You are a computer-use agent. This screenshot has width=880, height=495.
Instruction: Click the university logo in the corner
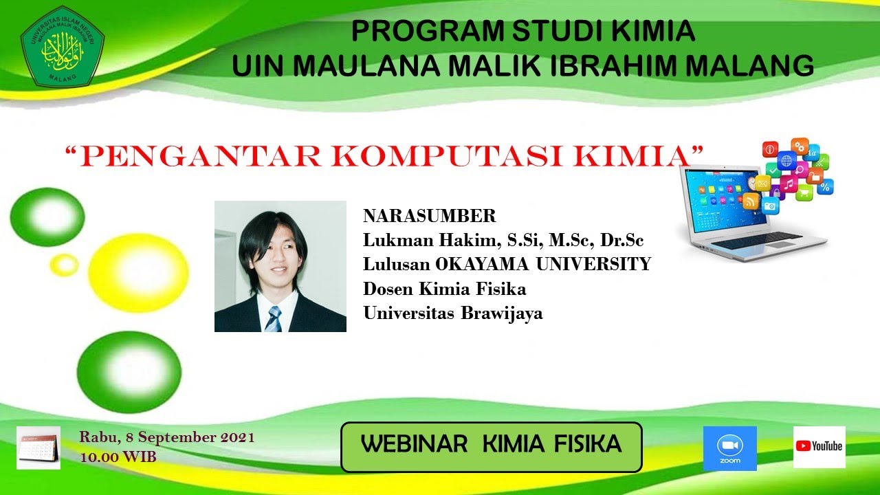click(x=62, y=47)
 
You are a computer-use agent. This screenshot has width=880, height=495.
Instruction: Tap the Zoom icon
click(x=729, y=448)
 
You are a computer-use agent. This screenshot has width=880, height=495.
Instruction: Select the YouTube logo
click(x=819, y=447)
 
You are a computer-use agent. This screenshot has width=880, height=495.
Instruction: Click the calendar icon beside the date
click(x=38, y=448)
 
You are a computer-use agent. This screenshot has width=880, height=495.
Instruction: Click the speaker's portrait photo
click(x=280, y=266)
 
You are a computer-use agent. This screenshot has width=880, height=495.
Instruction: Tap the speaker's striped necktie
click(x=274, y=319)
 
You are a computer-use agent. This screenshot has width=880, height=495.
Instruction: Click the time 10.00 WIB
click(x=118, y=456)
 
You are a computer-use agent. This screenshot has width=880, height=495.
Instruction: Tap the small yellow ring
click(x=65, y=265)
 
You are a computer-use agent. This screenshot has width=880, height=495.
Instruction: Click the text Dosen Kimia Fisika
click(x=444, y=289)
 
